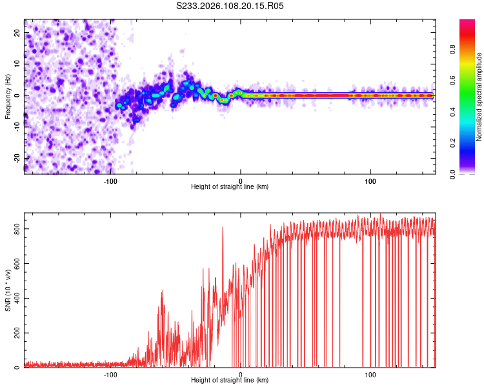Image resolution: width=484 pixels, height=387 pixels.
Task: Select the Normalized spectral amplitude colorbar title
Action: click(479, 97)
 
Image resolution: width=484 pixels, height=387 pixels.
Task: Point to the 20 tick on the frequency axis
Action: click(17, 32)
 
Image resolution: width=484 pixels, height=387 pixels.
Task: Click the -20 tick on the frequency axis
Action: click(17, 158)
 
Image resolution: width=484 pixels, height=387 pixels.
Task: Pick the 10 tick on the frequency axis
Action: click(17, 64)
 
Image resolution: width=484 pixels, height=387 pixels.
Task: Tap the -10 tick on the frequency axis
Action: click(17, 126)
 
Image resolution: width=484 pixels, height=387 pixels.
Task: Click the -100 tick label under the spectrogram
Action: click(110, 180)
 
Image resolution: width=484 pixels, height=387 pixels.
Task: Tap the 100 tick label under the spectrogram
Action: click(370, 180)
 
